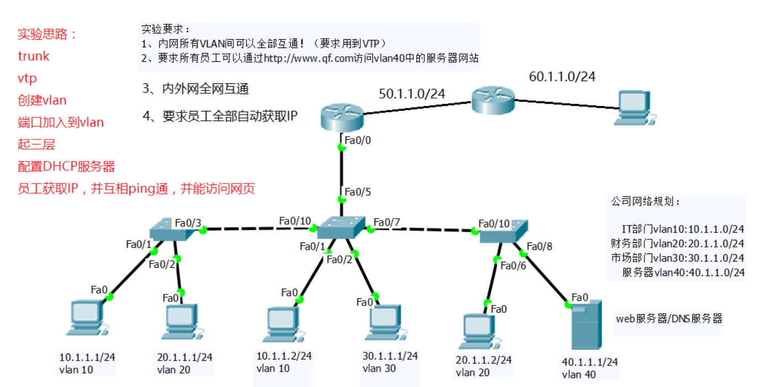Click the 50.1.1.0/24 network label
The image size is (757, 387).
click(x=412, y=94)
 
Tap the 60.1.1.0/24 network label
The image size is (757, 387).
click(x=562, y=76)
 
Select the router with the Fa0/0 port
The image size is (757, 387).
click(x=342, y=117)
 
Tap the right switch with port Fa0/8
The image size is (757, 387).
click(x=503, y=232)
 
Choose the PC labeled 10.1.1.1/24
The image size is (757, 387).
click(x=86, y=319)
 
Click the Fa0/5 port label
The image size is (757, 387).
click(x=358, y=192)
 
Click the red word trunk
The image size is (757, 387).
click(x=34, y=56)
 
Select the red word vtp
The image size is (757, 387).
click(x=28, y=78)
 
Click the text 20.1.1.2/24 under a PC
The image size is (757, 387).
click(x=483, y=360)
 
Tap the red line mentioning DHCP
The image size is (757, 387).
click(x=66, y=166)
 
